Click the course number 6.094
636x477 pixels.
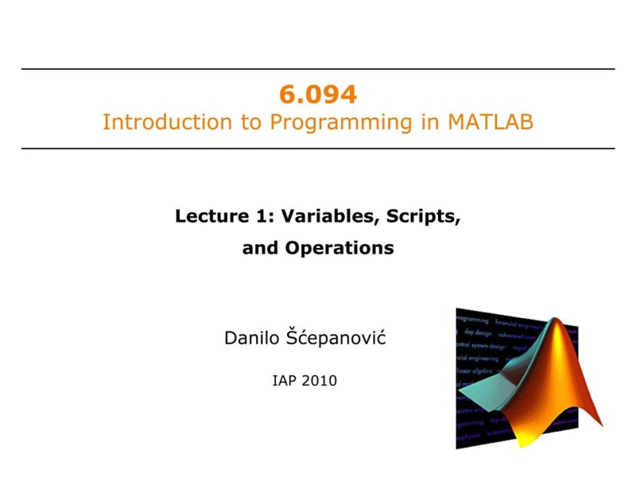318,95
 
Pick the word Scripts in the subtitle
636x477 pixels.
425,215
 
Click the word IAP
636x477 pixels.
285,381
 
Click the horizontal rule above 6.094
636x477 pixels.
318,69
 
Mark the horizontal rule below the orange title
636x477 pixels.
318,149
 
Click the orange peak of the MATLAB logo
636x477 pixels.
562,334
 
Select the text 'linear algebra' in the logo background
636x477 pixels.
475,371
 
